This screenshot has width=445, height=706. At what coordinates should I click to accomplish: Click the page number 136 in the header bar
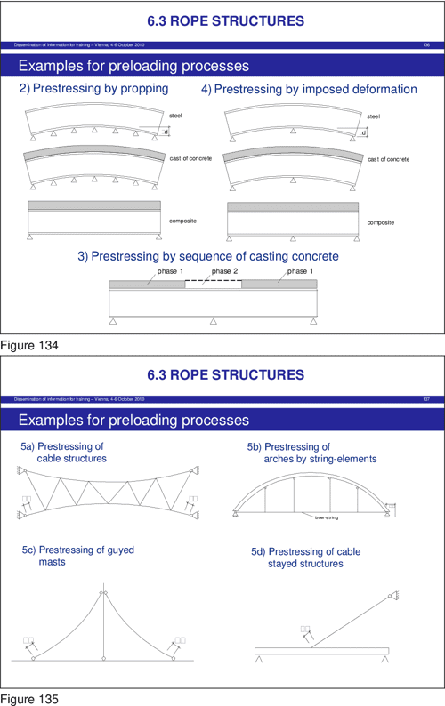click(425, 44)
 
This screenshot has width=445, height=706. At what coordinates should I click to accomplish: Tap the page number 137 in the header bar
click(425, 399)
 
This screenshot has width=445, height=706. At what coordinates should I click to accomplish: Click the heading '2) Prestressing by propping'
click(94, 89)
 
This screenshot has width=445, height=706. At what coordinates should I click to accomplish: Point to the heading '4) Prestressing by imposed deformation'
click(309, 89)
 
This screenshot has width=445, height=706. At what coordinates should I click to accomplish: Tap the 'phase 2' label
click(224, 271)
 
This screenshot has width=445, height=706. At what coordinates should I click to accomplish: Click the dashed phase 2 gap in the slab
click(214, 282)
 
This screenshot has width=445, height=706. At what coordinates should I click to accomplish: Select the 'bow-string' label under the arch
click(326, 517)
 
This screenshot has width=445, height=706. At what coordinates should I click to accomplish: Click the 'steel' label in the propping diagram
click(174, 116)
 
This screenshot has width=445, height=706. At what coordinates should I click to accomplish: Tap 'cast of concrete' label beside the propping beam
click(190, 158)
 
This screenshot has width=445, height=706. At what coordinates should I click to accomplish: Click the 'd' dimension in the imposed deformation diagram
click(363, 133)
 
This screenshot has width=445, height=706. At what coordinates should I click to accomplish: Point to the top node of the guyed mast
click(103, 593)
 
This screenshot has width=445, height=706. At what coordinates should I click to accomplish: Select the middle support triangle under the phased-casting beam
click(214, 322)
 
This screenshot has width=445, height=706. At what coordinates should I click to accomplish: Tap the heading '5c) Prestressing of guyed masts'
click(77, 556)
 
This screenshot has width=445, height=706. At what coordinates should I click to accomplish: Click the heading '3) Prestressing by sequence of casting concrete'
click(207, 256)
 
